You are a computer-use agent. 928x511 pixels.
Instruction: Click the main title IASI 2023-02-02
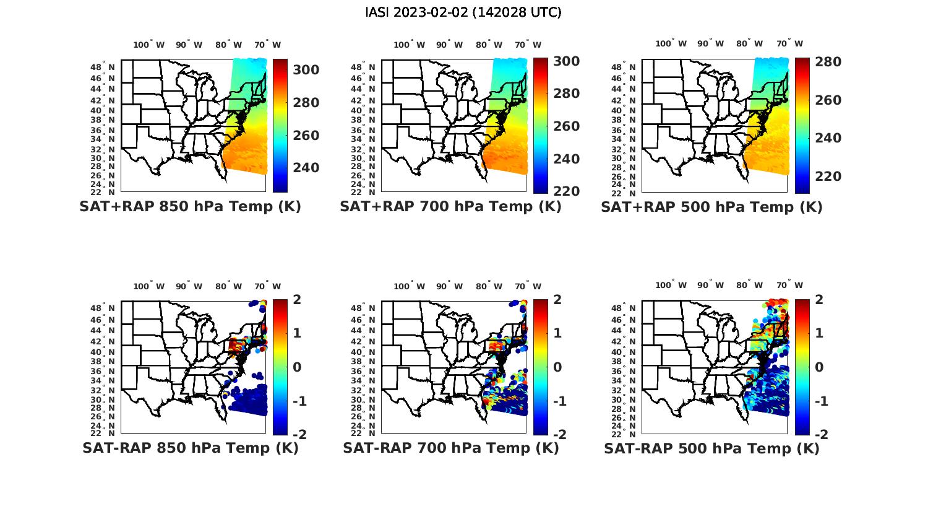pyautogui.click(x=463, y=12)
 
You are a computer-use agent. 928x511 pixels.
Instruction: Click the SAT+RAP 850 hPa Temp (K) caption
pyautogui.click(x=190, y=207)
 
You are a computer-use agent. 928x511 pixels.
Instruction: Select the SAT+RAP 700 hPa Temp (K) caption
pyautogui.click(x=450, y=207)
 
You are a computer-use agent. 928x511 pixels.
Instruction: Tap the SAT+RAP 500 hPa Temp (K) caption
pyautogui.click(x=711, y=207)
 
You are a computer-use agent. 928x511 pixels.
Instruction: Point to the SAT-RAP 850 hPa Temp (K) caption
pyautogui.click(x=190, y=448)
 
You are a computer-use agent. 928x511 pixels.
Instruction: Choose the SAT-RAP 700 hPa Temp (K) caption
pyautogui.click(x=450, y=448)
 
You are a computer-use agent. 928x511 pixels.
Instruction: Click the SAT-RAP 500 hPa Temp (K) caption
pyautogui.click(x=711, y=448)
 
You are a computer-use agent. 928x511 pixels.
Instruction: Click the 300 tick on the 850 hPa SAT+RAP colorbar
pyautogui.click(x=306, y=70)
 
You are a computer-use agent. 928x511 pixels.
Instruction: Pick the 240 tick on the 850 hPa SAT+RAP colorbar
pyautogui.click(x=306, y=168)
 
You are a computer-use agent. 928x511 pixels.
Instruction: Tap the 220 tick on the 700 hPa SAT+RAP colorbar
pyautogui.click(x=566, y=191)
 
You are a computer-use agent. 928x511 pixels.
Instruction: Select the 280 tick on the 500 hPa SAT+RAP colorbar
pyautogui.click(x=828, y=62)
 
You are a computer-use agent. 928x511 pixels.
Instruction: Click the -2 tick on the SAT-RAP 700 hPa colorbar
pyautogui.click(x=559, y=434)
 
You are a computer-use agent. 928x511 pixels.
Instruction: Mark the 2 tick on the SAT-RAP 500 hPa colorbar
pyautogui.click(x=820, y=299)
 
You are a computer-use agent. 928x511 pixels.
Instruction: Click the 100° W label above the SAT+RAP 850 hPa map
pyautogui.click(x=148, y=45)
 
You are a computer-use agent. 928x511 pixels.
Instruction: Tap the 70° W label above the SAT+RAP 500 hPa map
pyautogui.click(x=789, y=43)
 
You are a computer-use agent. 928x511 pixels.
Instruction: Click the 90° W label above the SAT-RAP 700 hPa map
pyautogui.click(x=450, y=286)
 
